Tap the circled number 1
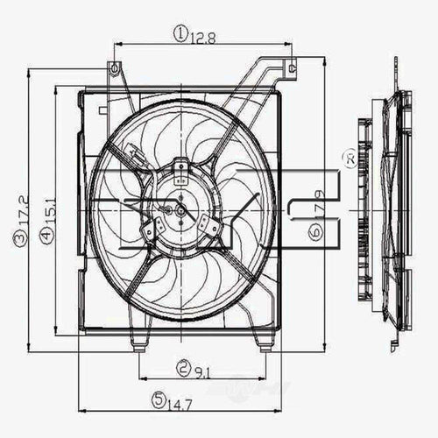[179, 34]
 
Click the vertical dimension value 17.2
[18, 212]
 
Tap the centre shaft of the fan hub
[180, 208]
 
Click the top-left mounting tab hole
[111, 67]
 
